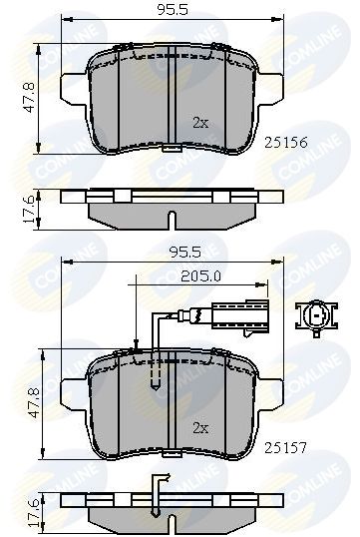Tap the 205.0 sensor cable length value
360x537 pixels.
[x=200, y=276]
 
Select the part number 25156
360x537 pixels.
[x=286, y=143]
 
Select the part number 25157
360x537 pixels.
[x=286, y=447]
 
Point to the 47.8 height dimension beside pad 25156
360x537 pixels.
[x=29, y=97]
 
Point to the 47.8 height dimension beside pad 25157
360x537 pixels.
[x=34, y=403]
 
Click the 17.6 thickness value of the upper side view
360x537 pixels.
[x=29, y=209]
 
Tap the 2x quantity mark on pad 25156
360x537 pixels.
[x=200, y=123]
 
